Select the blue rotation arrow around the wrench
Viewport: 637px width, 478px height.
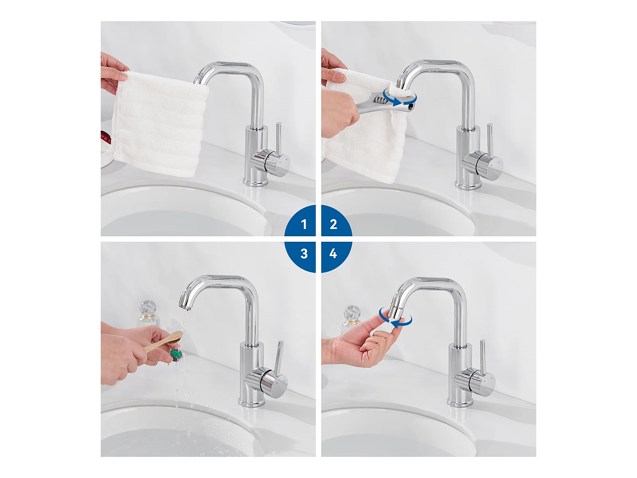[400, 100]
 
